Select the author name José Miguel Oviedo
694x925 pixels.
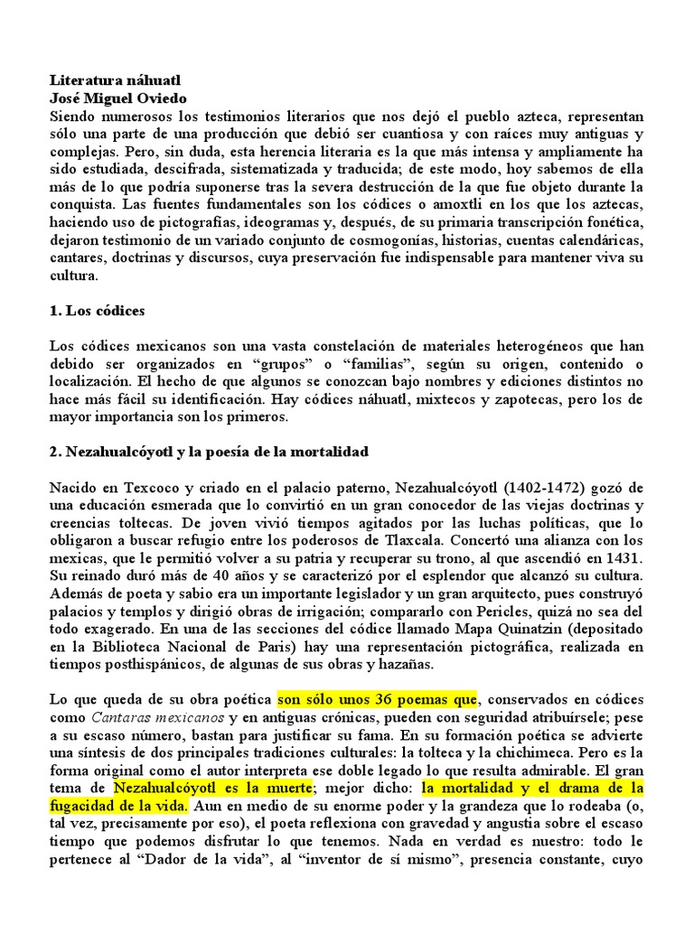112,99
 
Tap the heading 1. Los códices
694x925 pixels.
97,310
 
